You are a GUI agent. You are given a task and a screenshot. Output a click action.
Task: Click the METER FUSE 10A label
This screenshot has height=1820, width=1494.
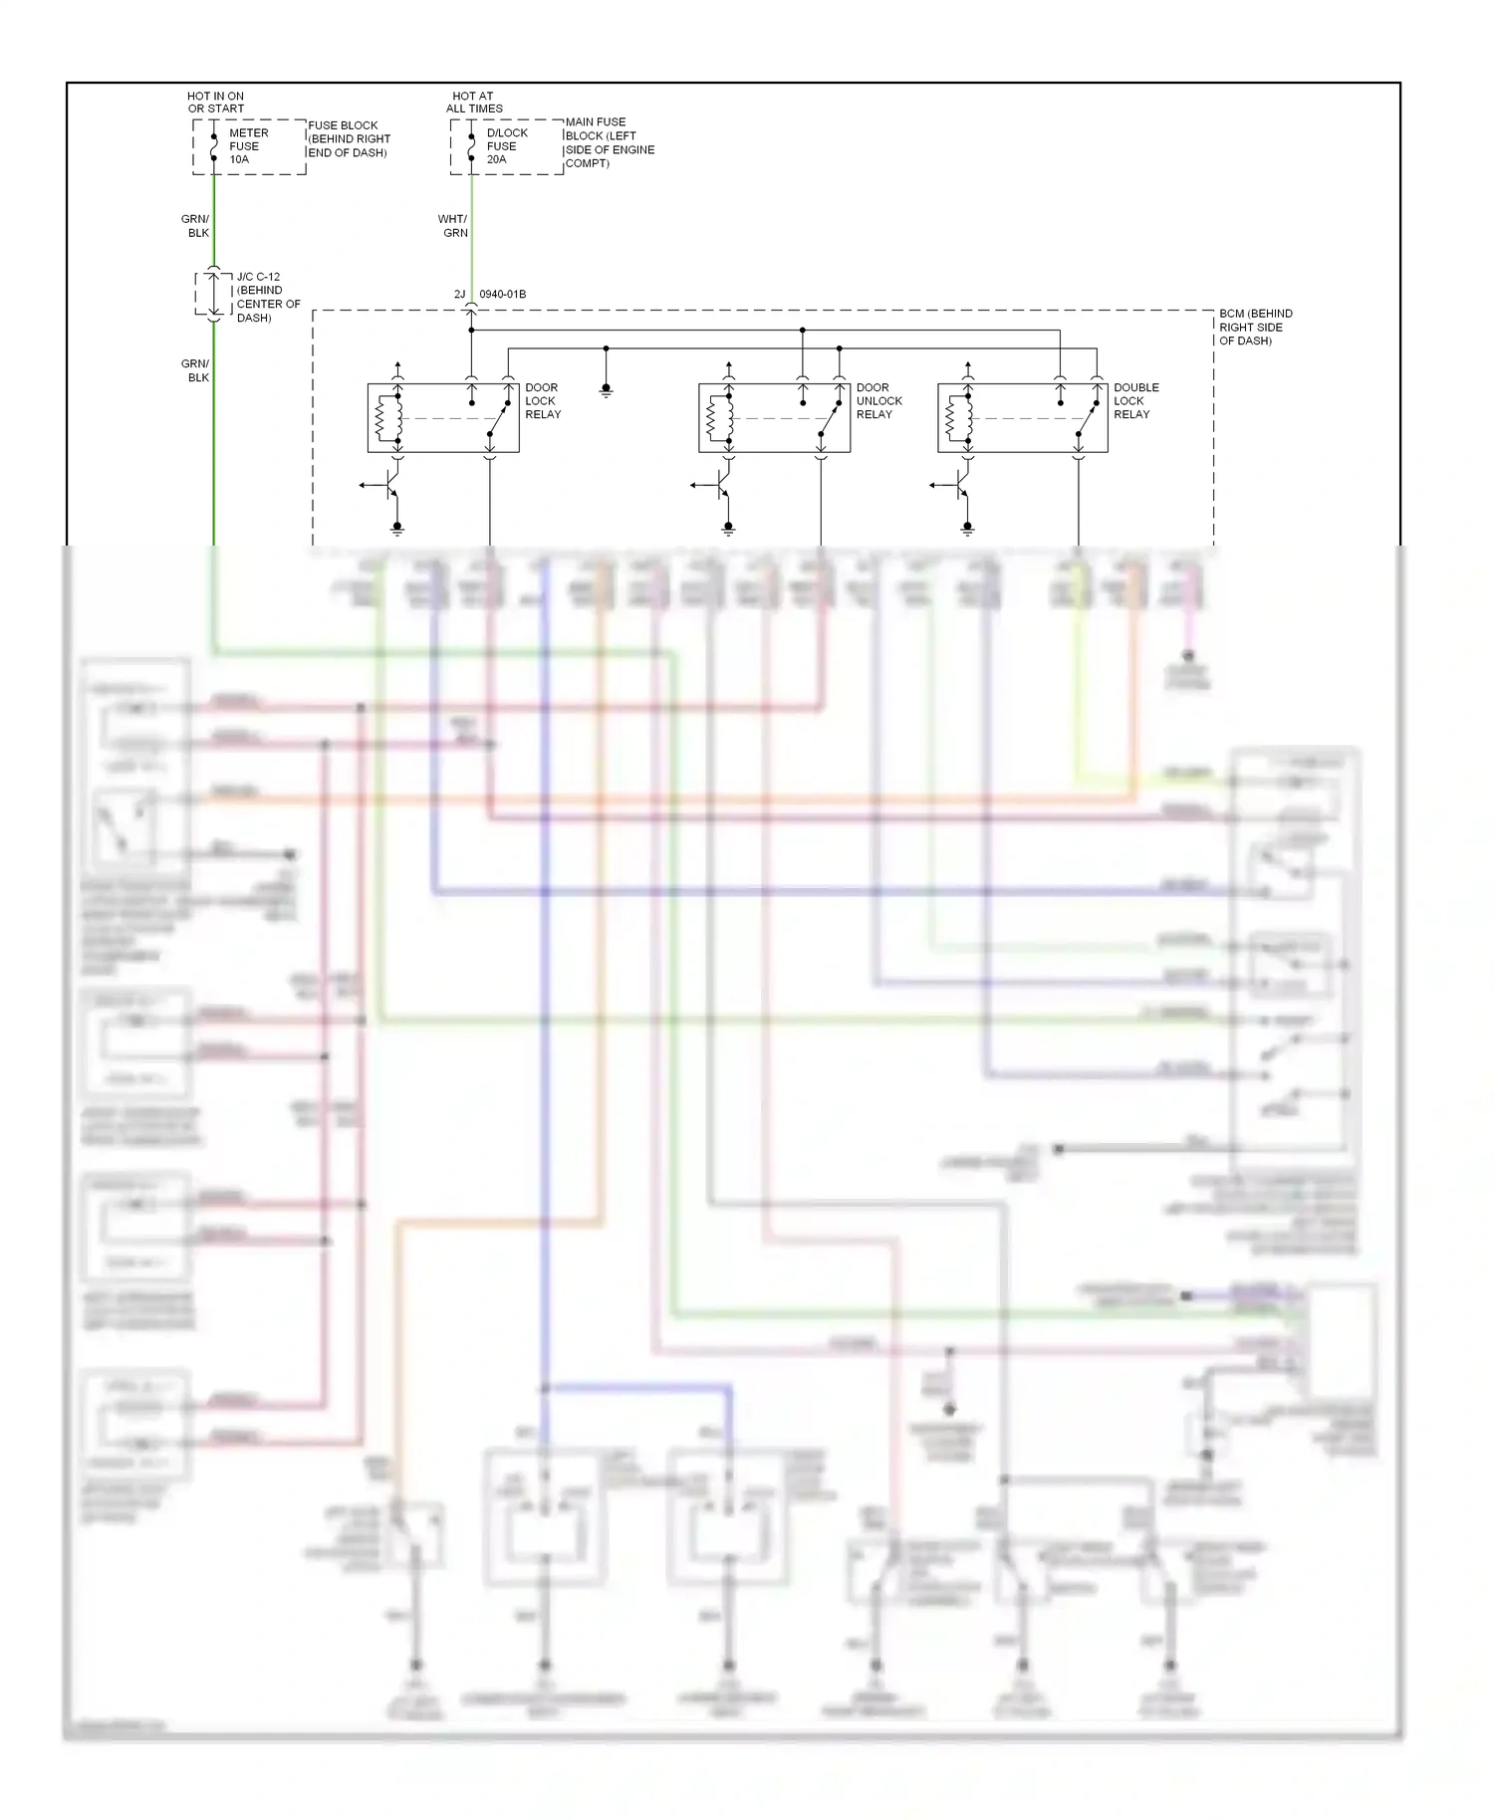(247, 146)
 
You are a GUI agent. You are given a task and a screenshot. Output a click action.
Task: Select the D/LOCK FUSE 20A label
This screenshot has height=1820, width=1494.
(506, 146)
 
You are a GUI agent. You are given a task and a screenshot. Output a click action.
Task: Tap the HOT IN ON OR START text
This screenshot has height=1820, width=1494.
(215, 103)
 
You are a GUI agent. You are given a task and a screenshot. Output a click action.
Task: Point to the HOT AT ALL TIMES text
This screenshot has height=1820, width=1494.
(474, 103)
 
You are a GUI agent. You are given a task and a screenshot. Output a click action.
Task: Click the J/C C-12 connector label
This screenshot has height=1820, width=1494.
(267, 297)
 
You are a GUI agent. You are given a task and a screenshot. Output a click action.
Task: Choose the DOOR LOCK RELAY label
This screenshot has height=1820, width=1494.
(543, 401)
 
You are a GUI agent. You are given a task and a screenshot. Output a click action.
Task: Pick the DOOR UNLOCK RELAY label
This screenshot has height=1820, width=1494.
(878, 401)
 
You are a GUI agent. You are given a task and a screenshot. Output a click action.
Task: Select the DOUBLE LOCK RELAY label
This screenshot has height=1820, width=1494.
(1135, 401)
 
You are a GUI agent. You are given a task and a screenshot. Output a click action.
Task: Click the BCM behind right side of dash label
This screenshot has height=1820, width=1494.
(1255, 327)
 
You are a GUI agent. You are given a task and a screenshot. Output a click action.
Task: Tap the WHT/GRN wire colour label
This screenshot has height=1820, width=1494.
(453, 226)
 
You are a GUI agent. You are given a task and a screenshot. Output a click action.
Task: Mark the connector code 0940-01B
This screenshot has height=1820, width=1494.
(503, 295)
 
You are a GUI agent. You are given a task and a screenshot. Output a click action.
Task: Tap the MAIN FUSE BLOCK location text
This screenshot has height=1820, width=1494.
(610, 142)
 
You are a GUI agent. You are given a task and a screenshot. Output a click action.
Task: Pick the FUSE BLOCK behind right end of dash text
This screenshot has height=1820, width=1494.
(349, 139)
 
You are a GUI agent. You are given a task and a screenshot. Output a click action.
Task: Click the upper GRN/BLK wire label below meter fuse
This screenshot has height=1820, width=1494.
(196, 226)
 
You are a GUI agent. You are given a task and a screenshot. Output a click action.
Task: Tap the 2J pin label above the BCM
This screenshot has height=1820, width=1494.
(459, 295)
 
